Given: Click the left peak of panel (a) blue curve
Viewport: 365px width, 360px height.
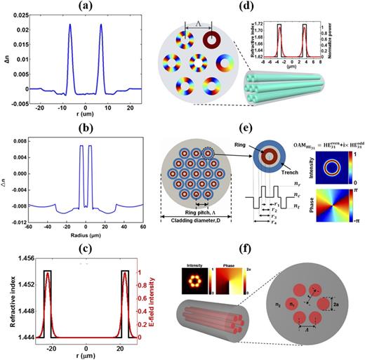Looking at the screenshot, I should [70, 25].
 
